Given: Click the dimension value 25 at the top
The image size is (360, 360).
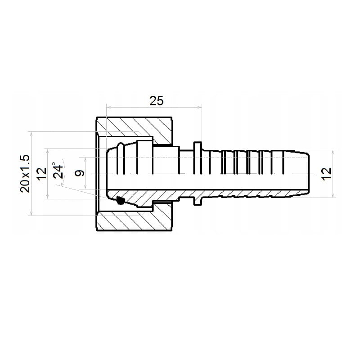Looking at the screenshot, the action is [156, 101].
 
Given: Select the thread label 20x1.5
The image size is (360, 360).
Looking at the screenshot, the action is [25, 174].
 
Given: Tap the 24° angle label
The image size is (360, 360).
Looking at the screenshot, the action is [58, 171].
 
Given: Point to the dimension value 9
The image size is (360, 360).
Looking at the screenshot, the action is [80, 173].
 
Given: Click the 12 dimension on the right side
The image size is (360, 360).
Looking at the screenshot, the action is [326, 174].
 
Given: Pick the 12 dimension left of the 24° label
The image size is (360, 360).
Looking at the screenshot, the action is [42, 174].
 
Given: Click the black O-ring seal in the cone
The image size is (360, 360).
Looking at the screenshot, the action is [120, 200].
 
